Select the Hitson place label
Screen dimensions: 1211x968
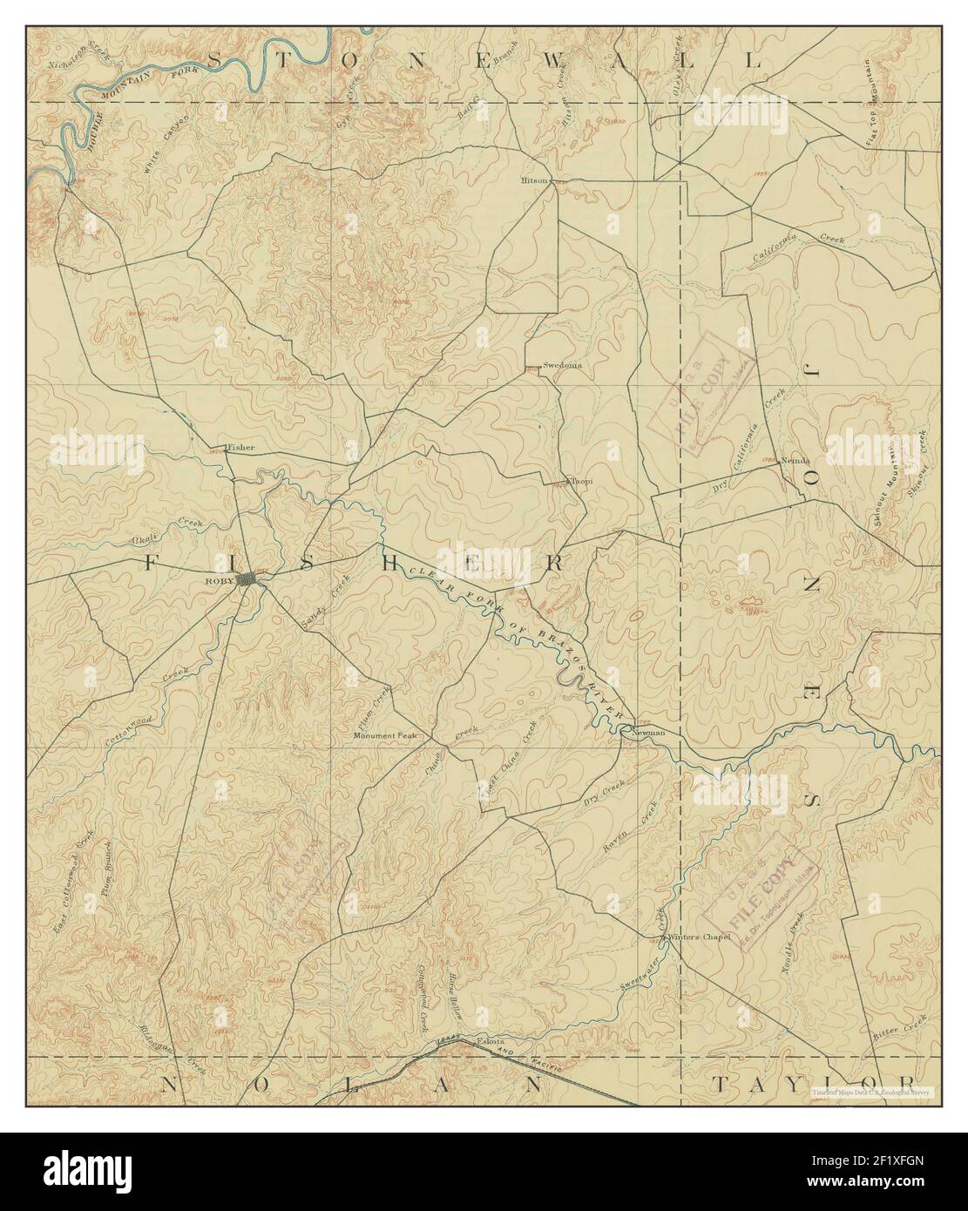(x=533, y=180)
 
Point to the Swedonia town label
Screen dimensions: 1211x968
(x=562, y=365)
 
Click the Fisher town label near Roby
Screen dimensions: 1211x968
(x=241, y=448)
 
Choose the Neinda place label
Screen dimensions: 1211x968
(x=796, y=460)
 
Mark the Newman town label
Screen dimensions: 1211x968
(x=648, y=733)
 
